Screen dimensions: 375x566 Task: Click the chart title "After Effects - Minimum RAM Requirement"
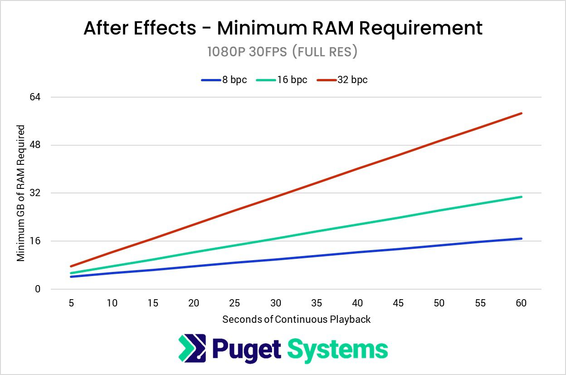click(x=283, y=28)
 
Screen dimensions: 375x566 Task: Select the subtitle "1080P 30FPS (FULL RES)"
click(x=283, y=52)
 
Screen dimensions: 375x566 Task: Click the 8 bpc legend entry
click(x=224, y=80)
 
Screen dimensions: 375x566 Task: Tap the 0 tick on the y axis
click(x=38, y=289)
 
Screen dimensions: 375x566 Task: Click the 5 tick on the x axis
click(x=71, y=303)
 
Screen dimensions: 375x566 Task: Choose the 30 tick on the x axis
click(x=276, y=303)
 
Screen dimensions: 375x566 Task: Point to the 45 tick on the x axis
click(x=399, y=303)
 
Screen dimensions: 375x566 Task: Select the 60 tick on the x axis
click(x=521, y=303)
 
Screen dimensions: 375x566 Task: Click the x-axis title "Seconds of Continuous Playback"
click(x=296, y=320)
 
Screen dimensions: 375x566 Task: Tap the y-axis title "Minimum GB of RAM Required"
click(x=21, y=193)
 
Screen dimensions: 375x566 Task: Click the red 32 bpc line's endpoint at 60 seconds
click(x=522, y=113)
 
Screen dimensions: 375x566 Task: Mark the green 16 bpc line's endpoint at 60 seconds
click(x=522, y=197)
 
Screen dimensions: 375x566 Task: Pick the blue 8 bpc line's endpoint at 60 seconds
click(x=522, y=238)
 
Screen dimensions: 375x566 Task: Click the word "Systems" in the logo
click(x=338, y=349)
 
